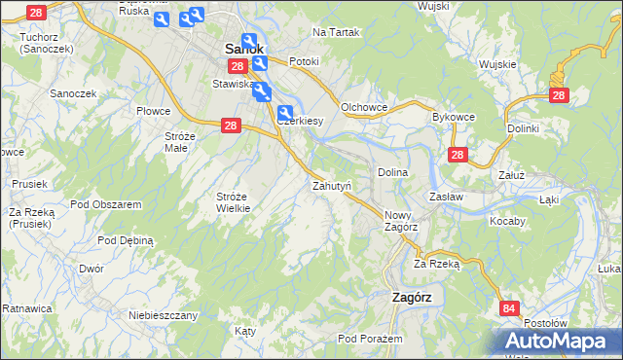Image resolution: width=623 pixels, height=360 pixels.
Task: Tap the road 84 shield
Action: click(x=509, y=308)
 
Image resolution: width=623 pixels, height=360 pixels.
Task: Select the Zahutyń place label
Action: click(x=331, y=185)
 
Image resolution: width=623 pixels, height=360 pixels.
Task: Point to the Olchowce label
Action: click(x=365, y=107)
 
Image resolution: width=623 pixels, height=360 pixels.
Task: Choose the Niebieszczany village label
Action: click(x=164, y=315)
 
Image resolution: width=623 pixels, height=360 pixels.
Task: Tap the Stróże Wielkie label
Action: click(x=235, y=201)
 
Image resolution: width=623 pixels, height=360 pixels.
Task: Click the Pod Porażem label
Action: click(x=370, y=339)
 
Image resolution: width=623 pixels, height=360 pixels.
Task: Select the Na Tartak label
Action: click(x=336, y=32)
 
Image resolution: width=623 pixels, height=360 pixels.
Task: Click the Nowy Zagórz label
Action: click(x=401, y=221)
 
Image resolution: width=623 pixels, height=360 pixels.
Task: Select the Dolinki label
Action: click(x=523, y=127)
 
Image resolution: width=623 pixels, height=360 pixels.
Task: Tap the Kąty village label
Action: click(x=245, y=331)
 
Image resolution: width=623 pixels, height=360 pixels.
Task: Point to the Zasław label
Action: click(x=446, y=196)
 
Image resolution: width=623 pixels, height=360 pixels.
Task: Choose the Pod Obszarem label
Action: click(x=106, y=204)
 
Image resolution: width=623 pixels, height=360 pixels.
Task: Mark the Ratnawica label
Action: click(x=25, y=308)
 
